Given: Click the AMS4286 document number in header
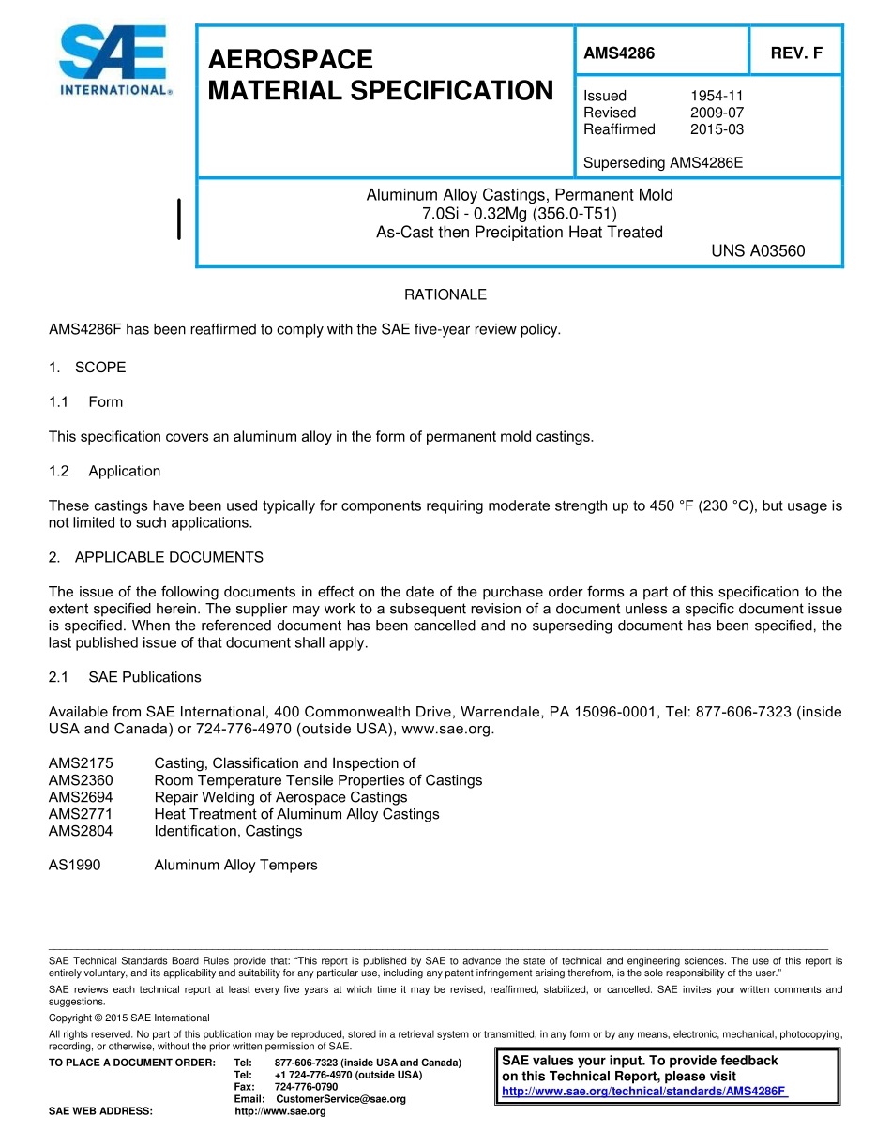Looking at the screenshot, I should click(619, 53).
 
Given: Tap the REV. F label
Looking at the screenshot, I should click(796, 53).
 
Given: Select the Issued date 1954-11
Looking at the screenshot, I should click(717, 96).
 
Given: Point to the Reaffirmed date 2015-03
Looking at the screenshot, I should click(717, 129).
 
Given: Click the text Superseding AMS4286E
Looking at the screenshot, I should click(663, 162).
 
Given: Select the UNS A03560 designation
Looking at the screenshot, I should click(758, 251).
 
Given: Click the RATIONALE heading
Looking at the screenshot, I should click(445, 294).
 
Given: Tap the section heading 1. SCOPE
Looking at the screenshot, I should click(87, 368).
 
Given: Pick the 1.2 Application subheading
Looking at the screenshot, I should click(105, 471).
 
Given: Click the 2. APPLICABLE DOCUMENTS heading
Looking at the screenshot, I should click(156, 557).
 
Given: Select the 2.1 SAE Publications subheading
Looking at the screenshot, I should click(125, 677).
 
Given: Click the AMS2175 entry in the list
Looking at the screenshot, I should click(81, 763).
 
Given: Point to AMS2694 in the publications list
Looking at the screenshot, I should click(81, 797).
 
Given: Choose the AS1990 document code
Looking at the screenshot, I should click(74, 865).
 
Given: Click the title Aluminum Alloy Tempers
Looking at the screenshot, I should click(235, 865).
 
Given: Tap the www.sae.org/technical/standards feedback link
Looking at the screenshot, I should click(644, 1092).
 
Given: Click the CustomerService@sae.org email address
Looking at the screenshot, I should click(340, 1099).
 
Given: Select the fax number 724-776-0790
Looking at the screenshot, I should click(306, 1087).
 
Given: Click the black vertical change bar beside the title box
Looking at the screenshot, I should click(179, 219).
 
